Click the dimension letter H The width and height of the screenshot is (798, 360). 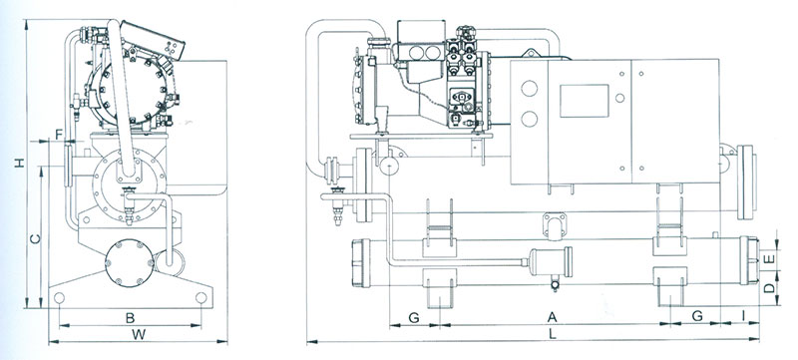point(19,163)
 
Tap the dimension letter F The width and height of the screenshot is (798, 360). point(59,135)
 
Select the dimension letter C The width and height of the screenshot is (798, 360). point(35,239)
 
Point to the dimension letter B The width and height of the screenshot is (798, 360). point(131,318)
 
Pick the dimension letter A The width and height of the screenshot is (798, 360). point(553,317)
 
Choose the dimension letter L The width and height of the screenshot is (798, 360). point(553,335)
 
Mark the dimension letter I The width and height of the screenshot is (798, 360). point(743,316)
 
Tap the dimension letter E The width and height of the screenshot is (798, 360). point(770,259)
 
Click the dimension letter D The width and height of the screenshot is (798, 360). point(770,288)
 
